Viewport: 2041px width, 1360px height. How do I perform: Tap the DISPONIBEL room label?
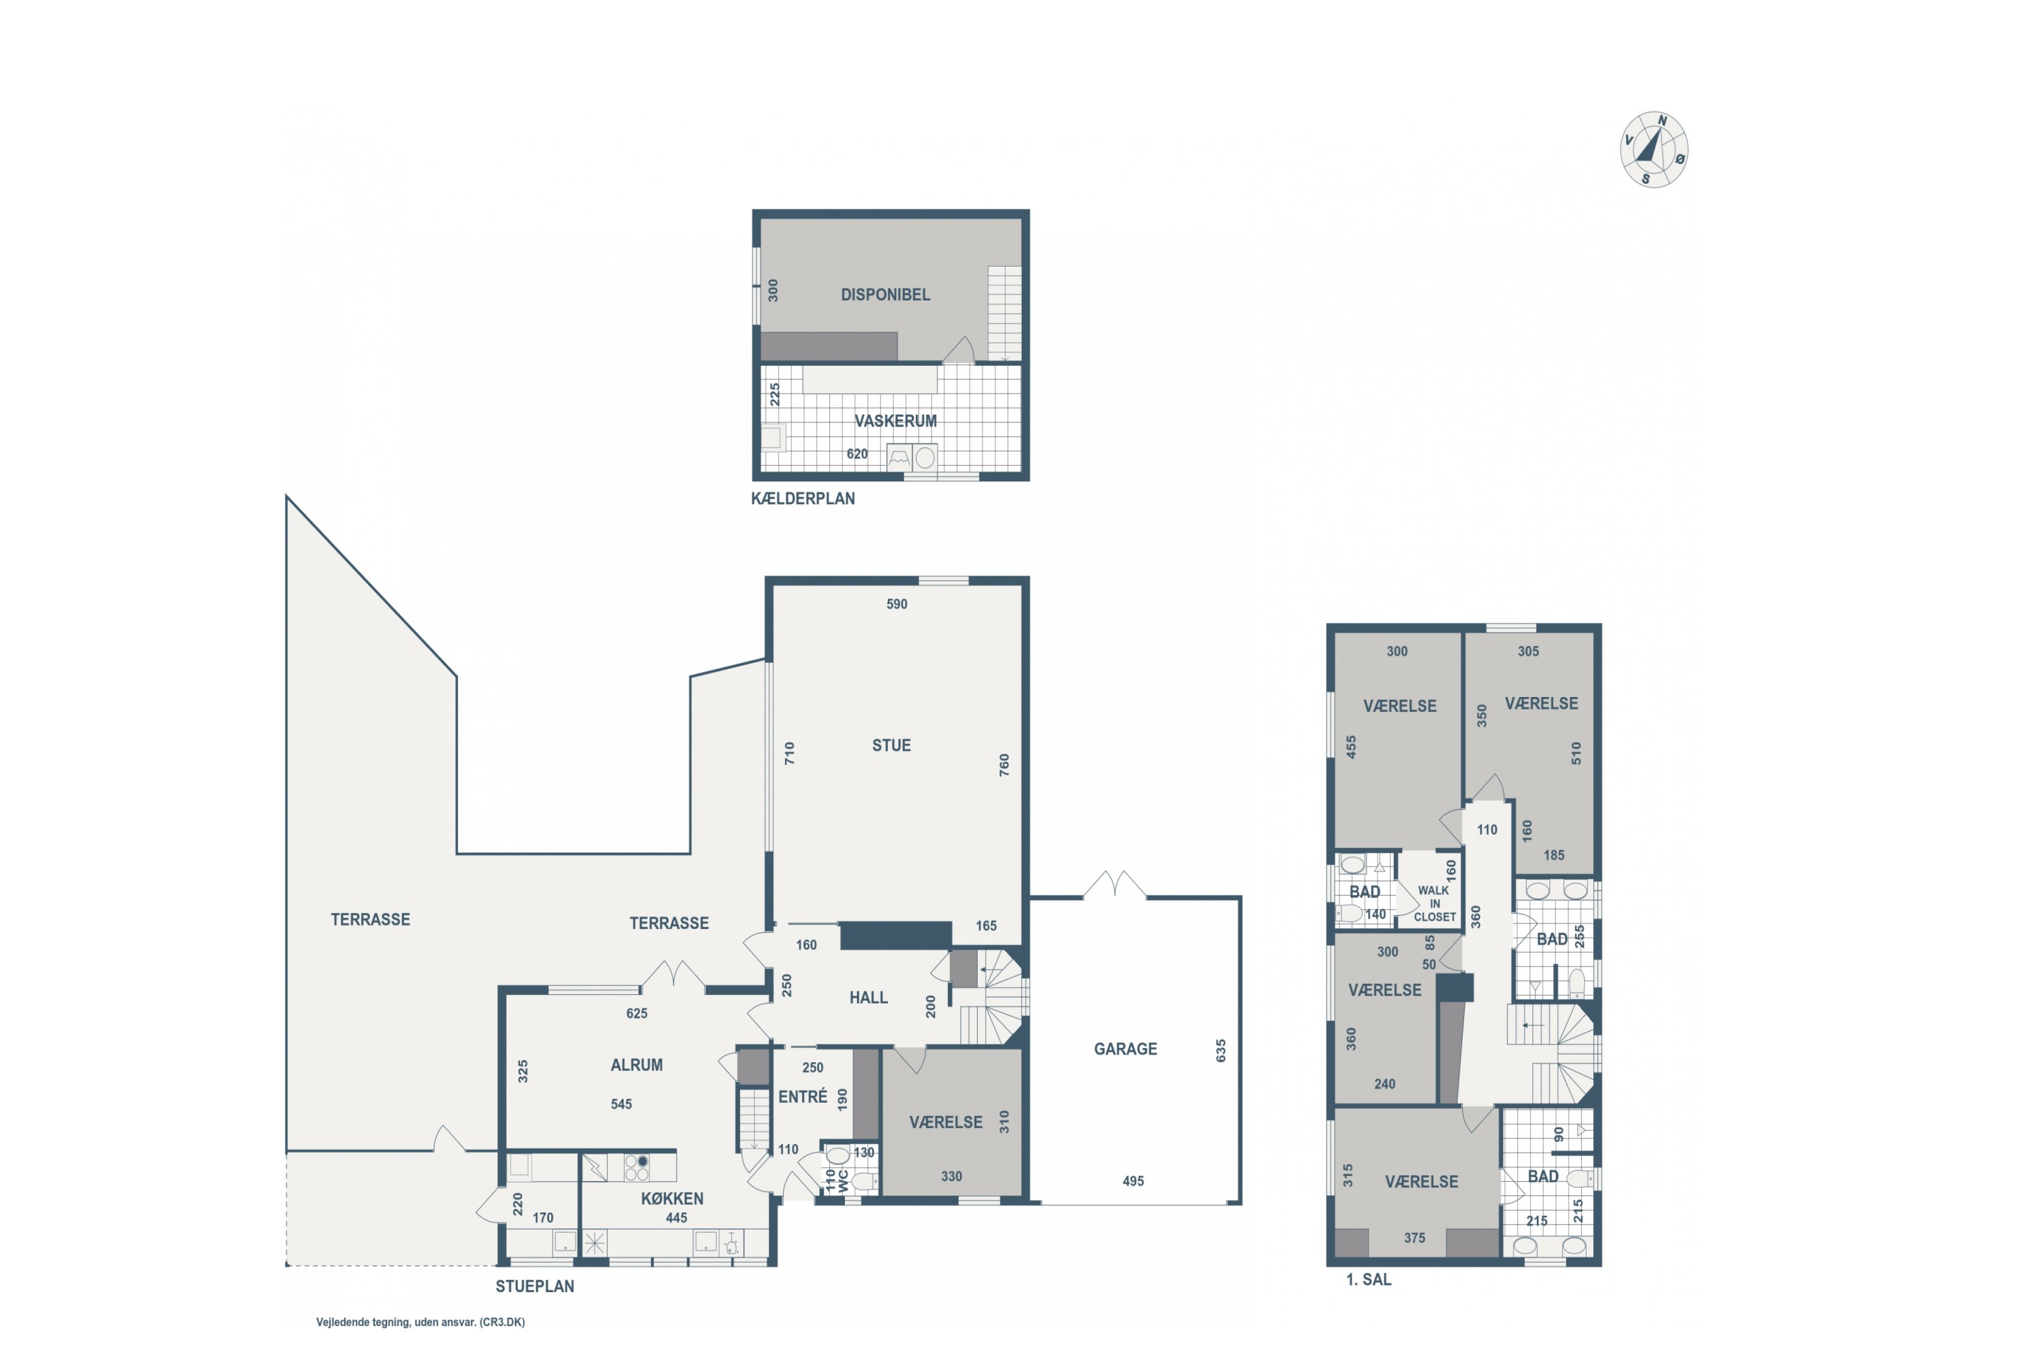point(885,295)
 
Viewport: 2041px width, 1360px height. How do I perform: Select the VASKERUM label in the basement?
point(895,422)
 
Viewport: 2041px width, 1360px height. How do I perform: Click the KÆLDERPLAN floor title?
point(803,498)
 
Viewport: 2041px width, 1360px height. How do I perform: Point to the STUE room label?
point(891,746)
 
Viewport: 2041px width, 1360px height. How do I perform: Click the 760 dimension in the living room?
point(1004,765)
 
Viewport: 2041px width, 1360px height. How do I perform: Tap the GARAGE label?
point(1125,1049)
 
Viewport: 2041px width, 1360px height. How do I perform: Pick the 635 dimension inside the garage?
point(1221,1051)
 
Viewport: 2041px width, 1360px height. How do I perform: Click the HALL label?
point(869,998)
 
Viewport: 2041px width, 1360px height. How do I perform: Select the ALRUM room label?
point(636,1065)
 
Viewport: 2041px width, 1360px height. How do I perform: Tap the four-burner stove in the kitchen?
point(637,1168)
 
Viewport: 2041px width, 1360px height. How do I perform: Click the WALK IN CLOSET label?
point(1434,904)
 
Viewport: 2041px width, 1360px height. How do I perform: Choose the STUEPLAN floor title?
point(535,1287)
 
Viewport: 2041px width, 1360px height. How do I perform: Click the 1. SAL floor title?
point(1368,1279)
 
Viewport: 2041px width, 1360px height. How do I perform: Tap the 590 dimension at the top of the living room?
point(897,605)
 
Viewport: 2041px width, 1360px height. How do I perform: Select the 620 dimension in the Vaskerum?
point(857,454)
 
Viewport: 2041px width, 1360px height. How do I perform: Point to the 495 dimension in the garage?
point(1133,1181)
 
